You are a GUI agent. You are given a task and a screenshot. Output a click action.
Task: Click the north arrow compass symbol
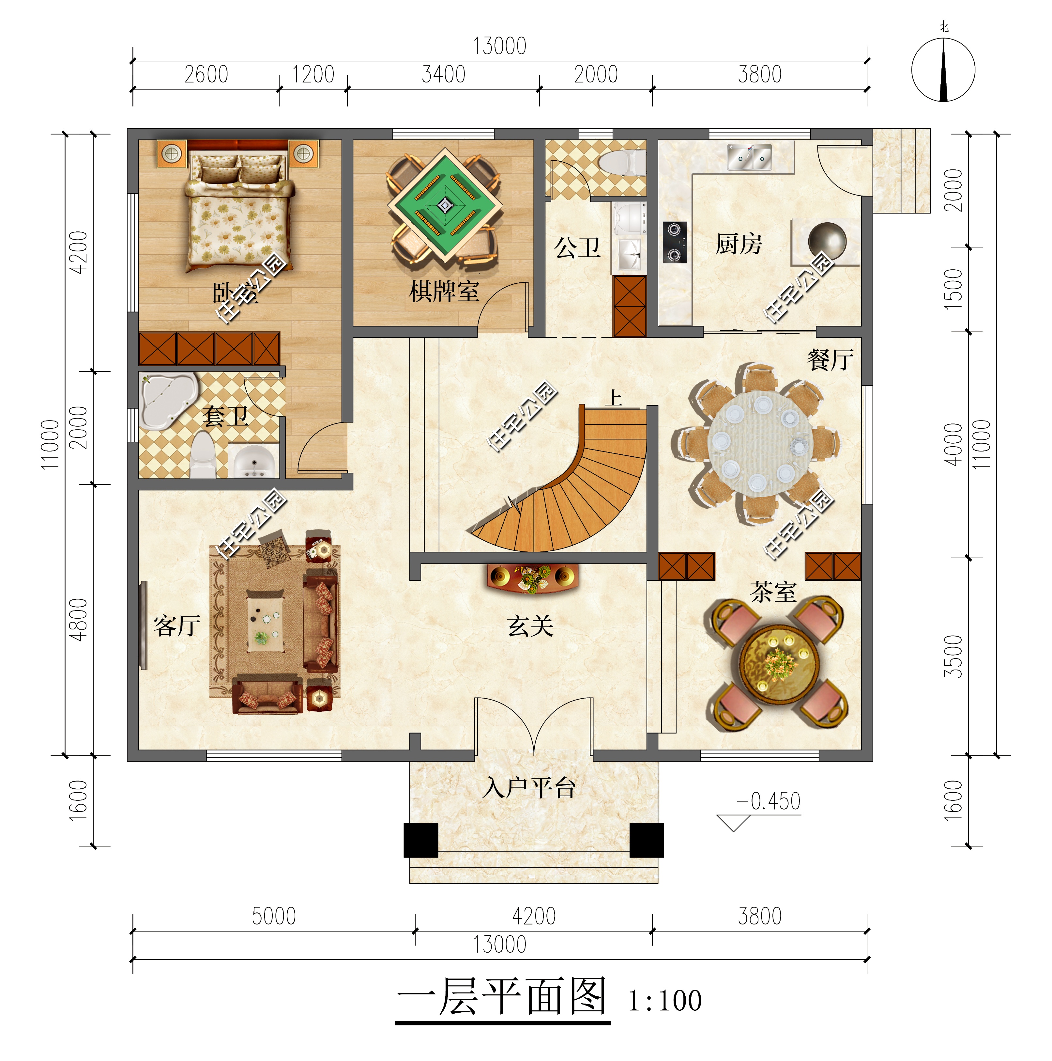coord(943,70)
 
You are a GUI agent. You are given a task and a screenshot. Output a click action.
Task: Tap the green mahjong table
coord(445,205)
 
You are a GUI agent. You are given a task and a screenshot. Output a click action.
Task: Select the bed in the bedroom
coord(237,214)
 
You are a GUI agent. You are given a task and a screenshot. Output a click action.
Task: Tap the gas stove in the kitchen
coord(675,242)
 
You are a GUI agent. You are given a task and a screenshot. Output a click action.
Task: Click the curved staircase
coord(582,489)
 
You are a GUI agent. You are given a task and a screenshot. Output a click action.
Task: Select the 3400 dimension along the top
coord(443,75)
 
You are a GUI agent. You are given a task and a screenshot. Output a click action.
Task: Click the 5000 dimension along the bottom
coord(273,916)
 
